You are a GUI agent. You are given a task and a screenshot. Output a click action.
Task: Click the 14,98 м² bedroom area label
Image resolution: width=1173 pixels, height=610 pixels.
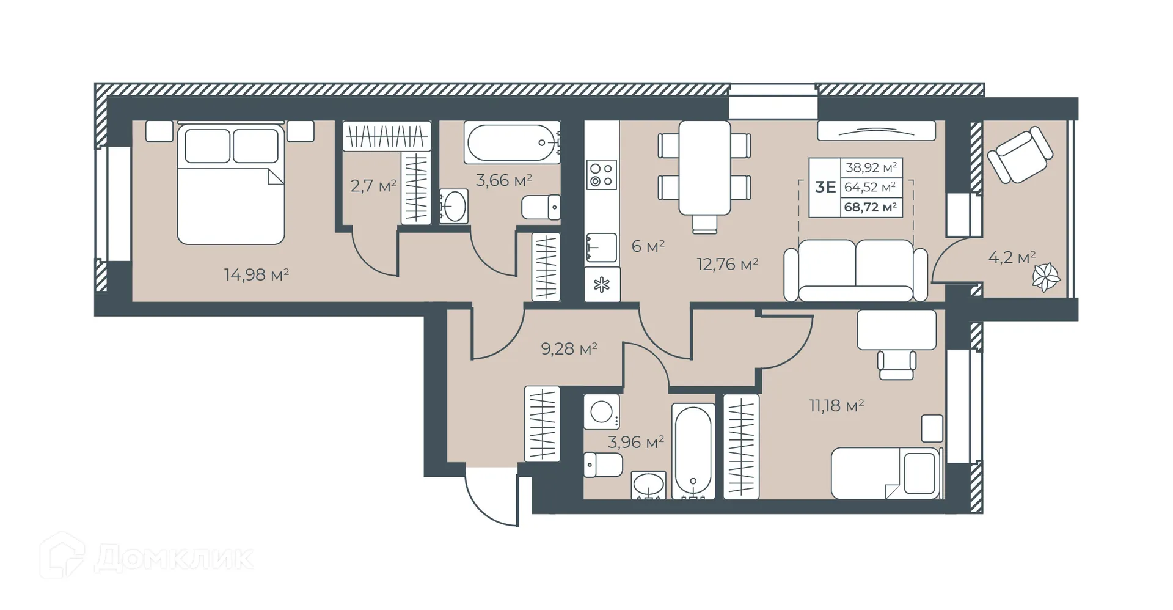(x=256, y=274)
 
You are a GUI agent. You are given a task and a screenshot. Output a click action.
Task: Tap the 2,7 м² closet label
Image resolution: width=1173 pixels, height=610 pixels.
(x=373, y=186)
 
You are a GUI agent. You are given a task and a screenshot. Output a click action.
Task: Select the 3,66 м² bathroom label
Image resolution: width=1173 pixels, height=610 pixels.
(x=503, y=180)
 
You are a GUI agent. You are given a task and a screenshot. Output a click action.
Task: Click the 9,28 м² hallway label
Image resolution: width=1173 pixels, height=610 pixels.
(x=569, y=349)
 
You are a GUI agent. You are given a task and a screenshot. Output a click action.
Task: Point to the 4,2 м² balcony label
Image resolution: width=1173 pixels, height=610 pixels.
(x=1012, y=257)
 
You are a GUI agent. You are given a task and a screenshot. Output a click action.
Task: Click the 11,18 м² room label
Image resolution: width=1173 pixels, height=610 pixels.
(x=836, y=405)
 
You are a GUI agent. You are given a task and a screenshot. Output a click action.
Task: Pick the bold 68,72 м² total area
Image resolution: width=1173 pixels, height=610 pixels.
(x=870, y=207)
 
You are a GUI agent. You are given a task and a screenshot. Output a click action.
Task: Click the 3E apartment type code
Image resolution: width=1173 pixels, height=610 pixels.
(x=825, y=187)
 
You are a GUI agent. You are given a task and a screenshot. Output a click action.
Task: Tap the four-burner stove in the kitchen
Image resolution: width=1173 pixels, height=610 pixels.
(x=601, y=175)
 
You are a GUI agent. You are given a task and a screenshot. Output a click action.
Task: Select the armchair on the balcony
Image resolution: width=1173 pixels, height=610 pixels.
(x=1020, y=155)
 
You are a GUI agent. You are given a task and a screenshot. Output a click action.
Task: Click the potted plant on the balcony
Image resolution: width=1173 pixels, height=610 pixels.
(x=1046, y=277)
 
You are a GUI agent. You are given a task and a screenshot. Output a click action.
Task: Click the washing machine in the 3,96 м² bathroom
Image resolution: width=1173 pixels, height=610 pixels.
(x=602, y=412)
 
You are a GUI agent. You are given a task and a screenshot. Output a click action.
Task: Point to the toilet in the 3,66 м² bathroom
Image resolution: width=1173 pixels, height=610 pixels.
(x=541, y=207)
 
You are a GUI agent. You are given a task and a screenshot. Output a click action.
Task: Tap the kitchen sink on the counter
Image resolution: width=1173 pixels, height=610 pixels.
(x=601, y=248)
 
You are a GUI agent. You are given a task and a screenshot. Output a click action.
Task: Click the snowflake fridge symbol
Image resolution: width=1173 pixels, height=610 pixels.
(x=602, y=285)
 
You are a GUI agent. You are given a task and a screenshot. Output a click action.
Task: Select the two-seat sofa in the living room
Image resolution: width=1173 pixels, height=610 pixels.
(x=855, y=270)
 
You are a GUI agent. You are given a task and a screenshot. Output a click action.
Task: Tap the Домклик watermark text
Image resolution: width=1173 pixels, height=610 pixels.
(x=174, y=557)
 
